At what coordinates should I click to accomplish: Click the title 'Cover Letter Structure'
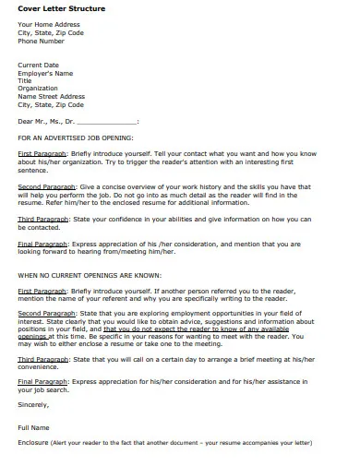click(61, 9)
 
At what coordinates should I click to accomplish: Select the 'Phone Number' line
click(42, 41)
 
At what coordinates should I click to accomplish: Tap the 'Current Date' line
click(39, 65)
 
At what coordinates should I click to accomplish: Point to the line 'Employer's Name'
click(45, 72)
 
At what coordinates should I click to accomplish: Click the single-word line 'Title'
click(25, 80)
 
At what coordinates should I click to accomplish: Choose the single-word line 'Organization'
click(37, 88)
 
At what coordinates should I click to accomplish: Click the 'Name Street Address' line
click(52, 96)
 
